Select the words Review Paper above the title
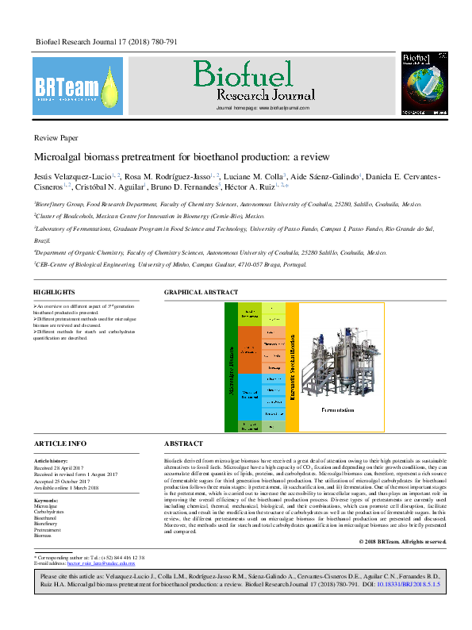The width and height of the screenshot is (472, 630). [x=56, y=137]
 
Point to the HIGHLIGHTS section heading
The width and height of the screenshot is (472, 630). [x=55, y=292]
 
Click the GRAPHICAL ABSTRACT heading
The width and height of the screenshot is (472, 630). [x=200, y=292]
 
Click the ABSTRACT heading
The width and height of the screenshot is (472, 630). [x=183, y=444]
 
